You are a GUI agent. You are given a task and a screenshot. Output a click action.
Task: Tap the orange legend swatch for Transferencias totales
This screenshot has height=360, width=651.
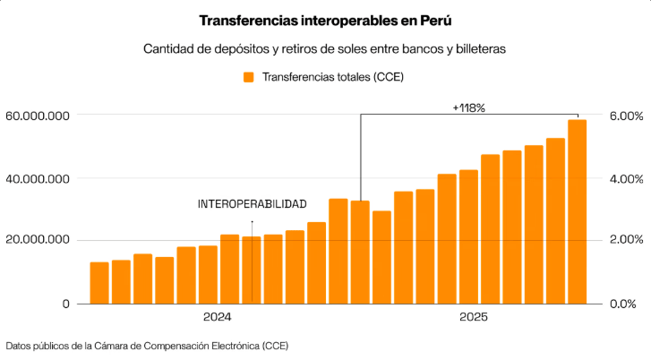click(x=250, y=77)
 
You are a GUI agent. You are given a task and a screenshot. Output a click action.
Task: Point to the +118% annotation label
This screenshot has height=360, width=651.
click(x=468, y=107)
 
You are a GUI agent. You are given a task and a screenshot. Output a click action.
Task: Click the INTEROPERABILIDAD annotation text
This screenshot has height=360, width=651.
click(x=252, y=204)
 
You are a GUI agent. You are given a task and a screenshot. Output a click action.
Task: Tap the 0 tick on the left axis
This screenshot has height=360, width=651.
click(x=66, y=304)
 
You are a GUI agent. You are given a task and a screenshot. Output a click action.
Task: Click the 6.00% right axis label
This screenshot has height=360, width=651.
click(x=626, y=116)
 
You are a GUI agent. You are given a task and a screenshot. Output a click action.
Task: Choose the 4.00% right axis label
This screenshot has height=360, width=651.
click(x=626, y=178)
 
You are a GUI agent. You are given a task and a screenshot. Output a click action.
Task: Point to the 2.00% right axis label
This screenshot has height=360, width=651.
click(x=626, y=240)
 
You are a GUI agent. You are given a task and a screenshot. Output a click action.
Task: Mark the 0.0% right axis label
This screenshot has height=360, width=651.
click(x=626, y=304)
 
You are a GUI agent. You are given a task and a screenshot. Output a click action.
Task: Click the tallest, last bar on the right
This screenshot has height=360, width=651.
click(x=577, y=212)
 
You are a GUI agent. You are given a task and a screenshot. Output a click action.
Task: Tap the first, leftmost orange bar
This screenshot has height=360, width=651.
click(x=99, y=283)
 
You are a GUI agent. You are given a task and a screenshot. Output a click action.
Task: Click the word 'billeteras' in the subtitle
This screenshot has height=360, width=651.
click(x=480, y=49)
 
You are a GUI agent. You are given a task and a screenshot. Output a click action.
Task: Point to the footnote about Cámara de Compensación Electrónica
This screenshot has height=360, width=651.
click(x=147, y=345)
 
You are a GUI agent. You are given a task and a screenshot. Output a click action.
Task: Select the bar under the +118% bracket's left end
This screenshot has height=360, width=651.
click(x=360, y=253)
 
